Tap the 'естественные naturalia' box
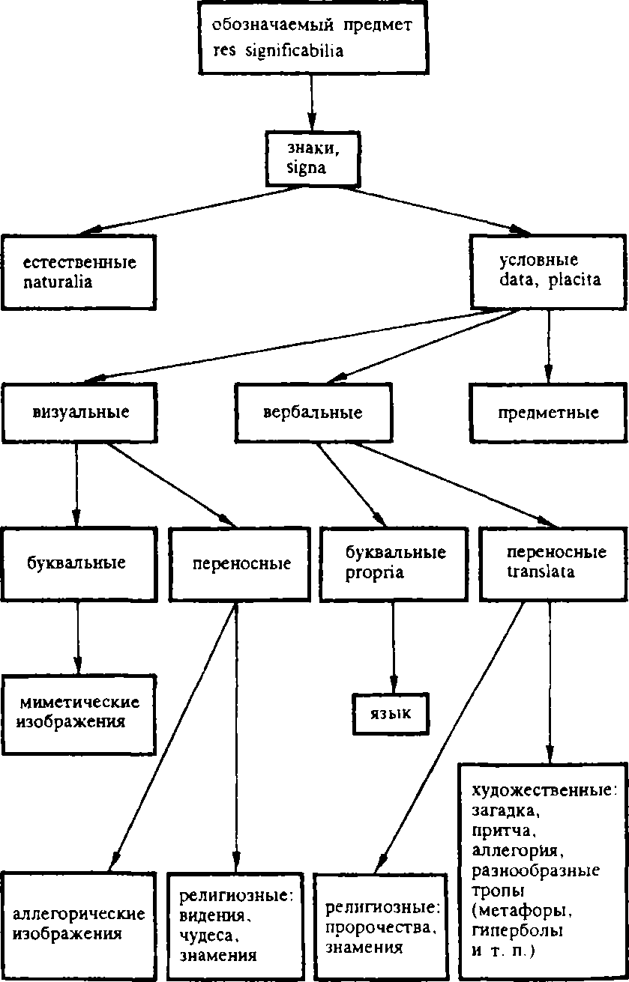click(x=78, y=273)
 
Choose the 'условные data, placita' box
click(x=548, y=271)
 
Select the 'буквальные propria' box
click(x=395, y=563)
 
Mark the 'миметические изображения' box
click(x=79, y=713)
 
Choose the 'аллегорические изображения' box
click(x=79, y=924)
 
